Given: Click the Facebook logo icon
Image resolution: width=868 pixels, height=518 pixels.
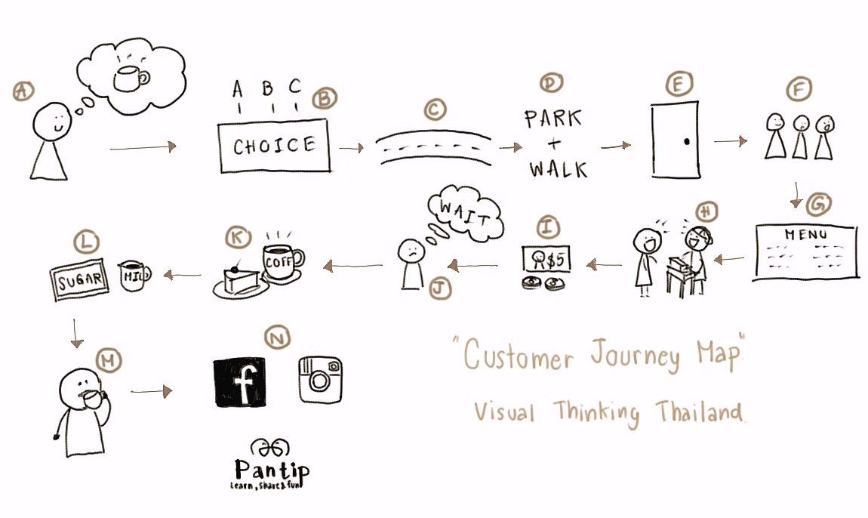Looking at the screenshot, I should pos(240,382).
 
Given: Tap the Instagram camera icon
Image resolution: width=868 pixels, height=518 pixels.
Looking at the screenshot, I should pos(320,379).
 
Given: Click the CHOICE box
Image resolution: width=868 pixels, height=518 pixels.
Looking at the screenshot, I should pos(274,146).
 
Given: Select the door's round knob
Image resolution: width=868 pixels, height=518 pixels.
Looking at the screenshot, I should pos(685,141).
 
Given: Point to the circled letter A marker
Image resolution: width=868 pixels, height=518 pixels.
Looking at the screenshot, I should pos(23,91).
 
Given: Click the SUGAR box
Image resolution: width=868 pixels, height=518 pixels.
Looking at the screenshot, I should pos(79,282).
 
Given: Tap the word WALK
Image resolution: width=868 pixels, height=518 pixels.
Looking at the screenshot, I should pos(558,168).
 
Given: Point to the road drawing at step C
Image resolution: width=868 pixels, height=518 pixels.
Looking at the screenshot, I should pos(433,147).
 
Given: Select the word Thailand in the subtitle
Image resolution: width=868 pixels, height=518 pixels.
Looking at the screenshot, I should pos(698,412).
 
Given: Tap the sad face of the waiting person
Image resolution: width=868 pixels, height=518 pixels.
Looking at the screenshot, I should pos(410,251).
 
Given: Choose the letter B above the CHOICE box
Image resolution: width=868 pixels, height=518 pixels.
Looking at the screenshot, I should pos(267,90).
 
